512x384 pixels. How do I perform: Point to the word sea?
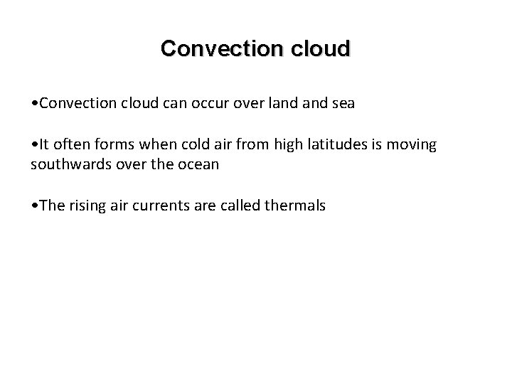340,104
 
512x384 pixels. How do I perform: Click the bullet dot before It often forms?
35,146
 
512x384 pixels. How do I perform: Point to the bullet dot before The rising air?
35,207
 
